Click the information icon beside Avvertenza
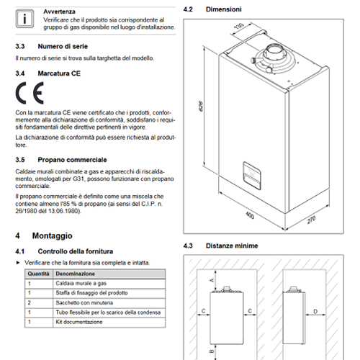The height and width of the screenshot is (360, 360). [x=24, y=19]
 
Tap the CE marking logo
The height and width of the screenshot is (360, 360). [x=30, y=93]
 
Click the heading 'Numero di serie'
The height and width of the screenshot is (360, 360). [x=63, y=46]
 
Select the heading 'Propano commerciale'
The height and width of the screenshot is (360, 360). [x=72, y=160]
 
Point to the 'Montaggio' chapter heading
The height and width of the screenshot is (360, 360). [x=53, y=235]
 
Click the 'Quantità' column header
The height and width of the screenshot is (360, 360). [x=38, y=274]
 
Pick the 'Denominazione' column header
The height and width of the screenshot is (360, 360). [x=76, y=274]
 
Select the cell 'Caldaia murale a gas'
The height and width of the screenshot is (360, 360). [x=81, y=284]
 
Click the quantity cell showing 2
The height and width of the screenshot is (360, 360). [x=30, y=302]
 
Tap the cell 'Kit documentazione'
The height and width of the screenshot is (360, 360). [x=79, y=322]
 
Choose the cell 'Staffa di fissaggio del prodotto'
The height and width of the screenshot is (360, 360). [x=91, y=293]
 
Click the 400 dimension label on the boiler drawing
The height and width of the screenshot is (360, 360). [x=250, y=215]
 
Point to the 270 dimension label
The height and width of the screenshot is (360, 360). [x=311, y=220]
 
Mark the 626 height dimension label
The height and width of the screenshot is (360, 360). [x=201, y=106]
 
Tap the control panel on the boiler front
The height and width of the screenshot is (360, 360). [x=252, y=176]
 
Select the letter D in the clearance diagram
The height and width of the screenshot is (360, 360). [x=315, y=311]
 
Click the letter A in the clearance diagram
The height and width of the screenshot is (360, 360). [x=212, y=280]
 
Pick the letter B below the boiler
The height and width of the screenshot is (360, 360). [x=212, y=351]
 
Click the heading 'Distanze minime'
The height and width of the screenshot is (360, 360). [x=232, y=246]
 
